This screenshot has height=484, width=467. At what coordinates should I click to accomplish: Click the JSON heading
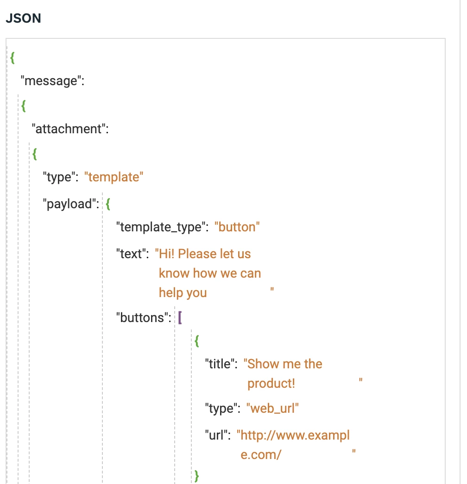(x=23, y=19)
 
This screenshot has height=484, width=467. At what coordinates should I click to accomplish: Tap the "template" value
(x=114, y=177)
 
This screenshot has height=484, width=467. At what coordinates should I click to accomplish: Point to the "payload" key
(x=69, y=204)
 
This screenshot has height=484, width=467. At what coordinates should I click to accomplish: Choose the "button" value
(x=237, y=227)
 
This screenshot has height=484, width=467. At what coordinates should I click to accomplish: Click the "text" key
(x=132, y=254)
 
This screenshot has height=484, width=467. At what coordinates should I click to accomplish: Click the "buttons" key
(x=142, y=318)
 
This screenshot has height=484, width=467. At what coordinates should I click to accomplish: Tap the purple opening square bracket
(x=180, y=318)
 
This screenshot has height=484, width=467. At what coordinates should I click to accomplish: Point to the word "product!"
(x=271, y=384)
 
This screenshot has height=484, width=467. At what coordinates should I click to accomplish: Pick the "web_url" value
(x=272, y=409)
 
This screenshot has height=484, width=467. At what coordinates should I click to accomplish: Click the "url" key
(x=218, y=435)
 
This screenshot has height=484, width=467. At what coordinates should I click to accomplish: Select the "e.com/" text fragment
(x=261, y=454)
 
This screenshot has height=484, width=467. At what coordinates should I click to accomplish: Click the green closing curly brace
(x=196, y=475)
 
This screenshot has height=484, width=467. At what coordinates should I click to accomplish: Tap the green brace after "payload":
(x=108, y=204)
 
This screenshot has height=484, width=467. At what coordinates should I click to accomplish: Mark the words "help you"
(x=183, y=293)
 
